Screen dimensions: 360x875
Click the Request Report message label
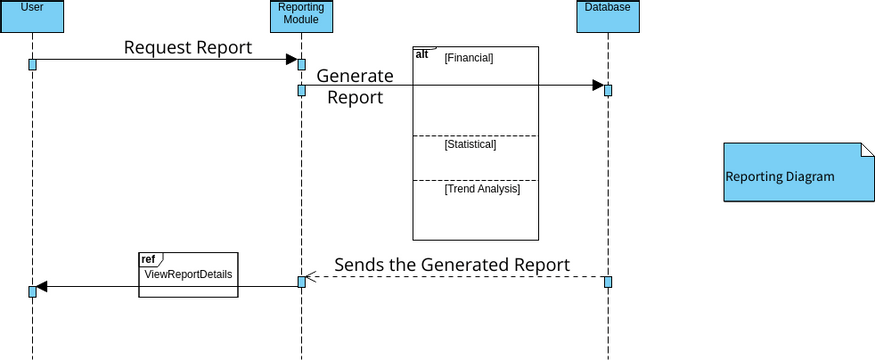pos(188,48)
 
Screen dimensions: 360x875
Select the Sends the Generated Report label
pos(452,265)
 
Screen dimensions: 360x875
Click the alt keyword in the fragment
pos(422,55)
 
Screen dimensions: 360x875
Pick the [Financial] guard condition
pos(469,58)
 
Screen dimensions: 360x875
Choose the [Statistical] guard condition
pos(470,145)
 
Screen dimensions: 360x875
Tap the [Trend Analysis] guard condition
pos(482,188)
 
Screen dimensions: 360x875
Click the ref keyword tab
pos(148,259)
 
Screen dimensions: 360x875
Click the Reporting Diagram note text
pos(780,177)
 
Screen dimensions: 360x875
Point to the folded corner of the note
pos(866,150)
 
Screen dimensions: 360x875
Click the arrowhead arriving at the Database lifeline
pos(597,85)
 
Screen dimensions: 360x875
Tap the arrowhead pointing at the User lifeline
pos(42,287)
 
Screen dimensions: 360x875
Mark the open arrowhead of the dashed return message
pos(310,277)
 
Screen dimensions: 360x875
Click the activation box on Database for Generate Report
pos(607,90)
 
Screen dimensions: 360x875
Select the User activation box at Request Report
pos(32,64)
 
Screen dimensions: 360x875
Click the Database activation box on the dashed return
pos(607,281)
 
